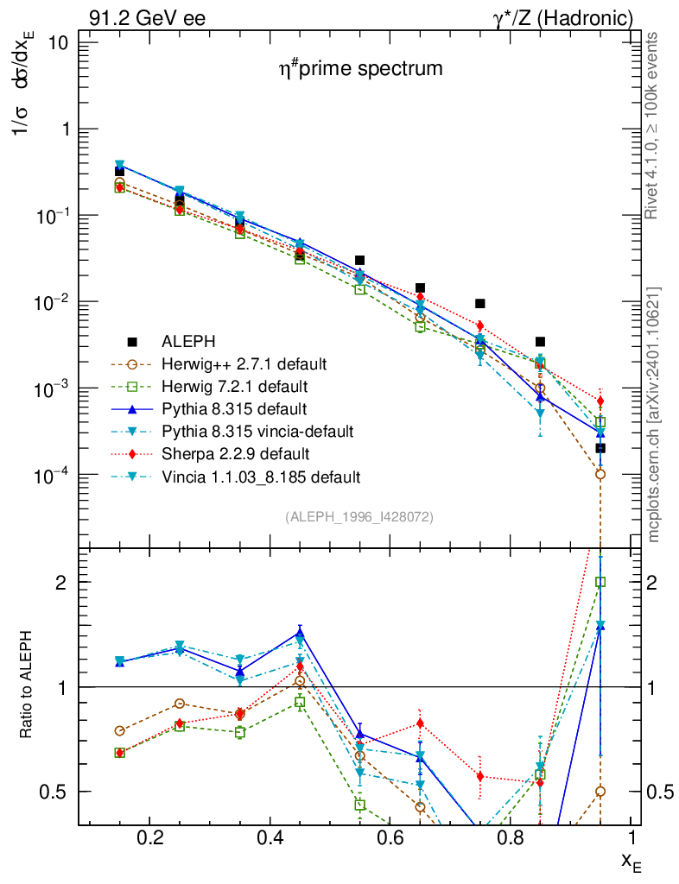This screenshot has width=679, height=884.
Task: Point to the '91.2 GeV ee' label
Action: point(147,18)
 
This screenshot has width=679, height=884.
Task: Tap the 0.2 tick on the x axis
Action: point(149,837)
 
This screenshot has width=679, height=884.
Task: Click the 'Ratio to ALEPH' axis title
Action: point(28,686)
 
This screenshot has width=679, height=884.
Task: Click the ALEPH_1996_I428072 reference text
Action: point(359,516)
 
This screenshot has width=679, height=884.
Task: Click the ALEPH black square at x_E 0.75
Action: point(479,304)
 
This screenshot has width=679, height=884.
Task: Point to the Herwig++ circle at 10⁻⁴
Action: point(600,474)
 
